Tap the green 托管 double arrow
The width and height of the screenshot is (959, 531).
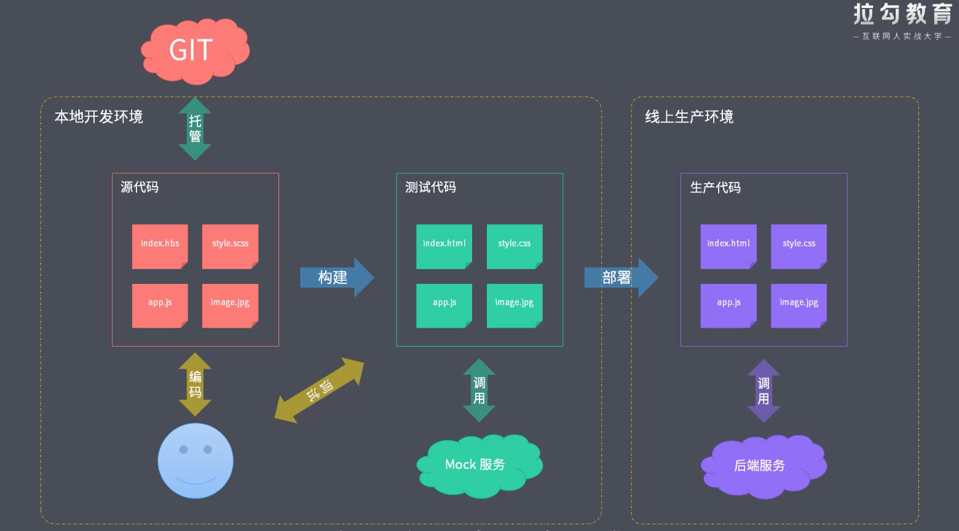(x=195, y=128)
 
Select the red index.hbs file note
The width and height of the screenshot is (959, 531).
(x=160, y=246)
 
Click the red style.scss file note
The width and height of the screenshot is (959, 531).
(x=231, y=246)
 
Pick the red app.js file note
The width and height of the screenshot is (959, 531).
(x=160, y=305)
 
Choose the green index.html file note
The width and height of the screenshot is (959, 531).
(x=444, y=246)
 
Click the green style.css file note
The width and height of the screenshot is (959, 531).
(x=515, y=246)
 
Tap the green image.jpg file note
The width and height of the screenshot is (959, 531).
(x=515, y=305)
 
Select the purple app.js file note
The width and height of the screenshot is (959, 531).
(x=728, y=305)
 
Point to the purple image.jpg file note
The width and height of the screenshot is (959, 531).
(x=799, y=305)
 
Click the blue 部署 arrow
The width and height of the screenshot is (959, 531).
(x=620, y=278)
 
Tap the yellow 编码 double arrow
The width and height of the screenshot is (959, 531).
(x=195, y=384)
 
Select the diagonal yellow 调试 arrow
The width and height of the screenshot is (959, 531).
(x=319, y=390)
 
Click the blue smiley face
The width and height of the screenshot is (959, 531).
(x=195, y=460)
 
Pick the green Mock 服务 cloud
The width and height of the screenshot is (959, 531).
(x=478, y=465)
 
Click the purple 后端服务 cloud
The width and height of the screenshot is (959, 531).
(x=762, y=466)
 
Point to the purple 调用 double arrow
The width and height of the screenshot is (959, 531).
(x=764, y=391)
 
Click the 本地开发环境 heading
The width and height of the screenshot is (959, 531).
(x=99, y=117)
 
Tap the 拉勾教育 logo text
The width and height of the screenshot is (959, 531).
(x=902, y=14)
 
